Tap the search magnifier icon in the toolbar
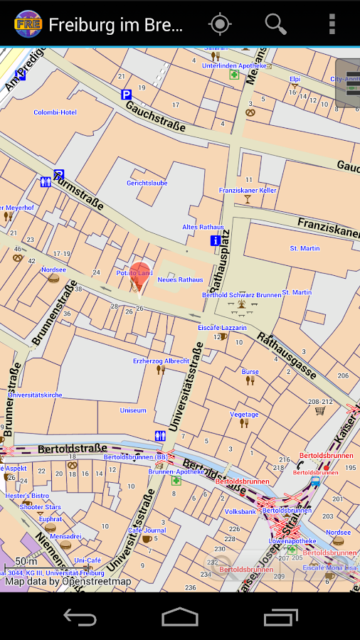click(275, 24)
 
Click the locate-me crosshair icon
click(220, 24)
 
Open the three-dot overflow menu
click(332, 24)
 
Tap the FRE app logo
click(27, 24)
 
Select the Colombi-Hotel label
click(55, 112)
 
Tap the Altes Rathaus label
click(203, 227)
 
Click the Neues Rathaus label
click(180, 279)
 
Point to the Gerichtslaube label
click(147, 183)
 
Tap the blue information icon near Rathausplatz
click(215, 241)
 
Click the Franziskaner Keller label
click(248, 191)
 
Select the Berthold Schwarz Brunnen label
click(241, 294)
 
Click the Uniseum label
click(133, 410)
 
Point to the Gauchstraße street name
click(155, 116)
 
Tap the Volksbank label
click(240, 511)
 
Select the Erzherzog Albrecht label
click(161, 361)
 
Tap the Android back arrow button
click(80, 617)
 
